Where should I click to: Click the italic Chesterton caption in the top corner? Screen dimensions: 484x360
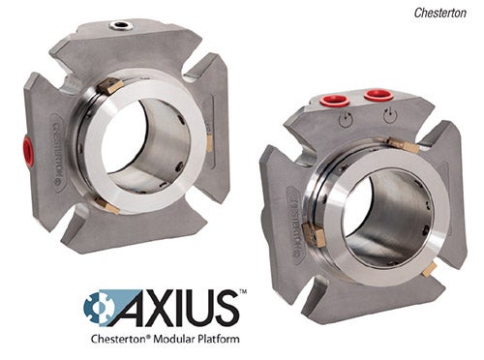pyautogui.click(x=440, y=13)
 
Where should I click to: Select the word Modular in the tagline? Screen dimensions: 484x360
pyautogui.click(x=173, y=339)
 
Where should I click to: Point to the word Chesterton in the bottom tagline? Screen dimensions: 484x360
pyautogui.click(x=120, y=339)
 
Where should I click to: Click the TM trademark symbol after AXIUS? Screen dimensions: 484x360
pyautogui.click(x=243, y=292)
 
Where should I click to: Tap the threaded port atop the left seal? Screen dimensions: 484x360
pyautogui.click(x=120, y=24)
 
